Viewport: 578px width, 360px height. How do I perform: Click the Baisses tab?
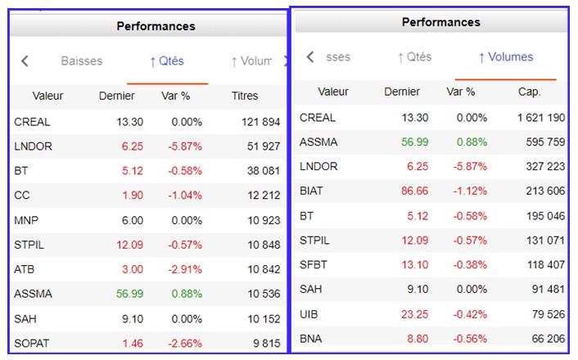pyautogui.click(x=82, y=61)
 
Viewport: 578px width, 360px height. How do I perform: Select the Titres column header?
pyautogui.click(x=244, y=96)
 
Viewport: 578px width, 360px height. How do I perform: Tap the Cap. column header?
pyautogui.click(x=529, y=92)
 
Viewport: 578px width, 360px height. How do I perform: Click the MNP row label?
pyautogui.click(x=26, y=220)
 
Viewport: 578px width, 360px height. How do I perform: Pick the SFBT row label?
pyautogui.click(x=314, y=264)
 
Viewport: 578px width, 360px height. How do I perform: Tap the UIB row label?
pyautogui.click(x=309, y=313)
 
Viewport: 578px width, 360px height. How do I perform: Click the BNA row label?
pyautogui.click(x=310, y=338)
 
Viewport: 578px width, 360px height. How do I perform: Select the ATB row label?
pyautogui.click(x=25, y=269)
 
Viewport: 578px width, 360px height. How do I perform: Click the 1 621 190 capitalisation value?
pyautogui.click(x=540, y=117)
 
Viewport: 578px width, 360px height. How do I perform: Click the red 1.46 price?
pyautogui.click(x=132, y=343)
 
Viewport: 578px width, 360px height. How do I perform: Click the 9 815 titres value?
pyautogui.click(x=267, y=343)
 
